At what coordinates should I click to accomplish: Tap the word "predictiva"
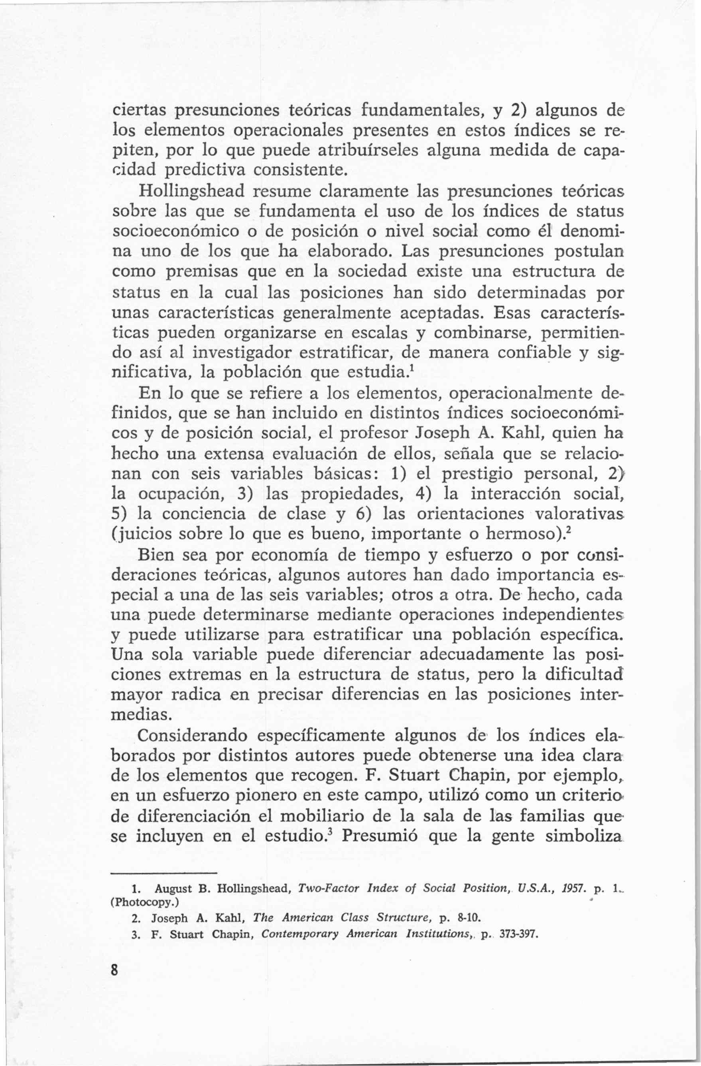coord(206,170)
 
